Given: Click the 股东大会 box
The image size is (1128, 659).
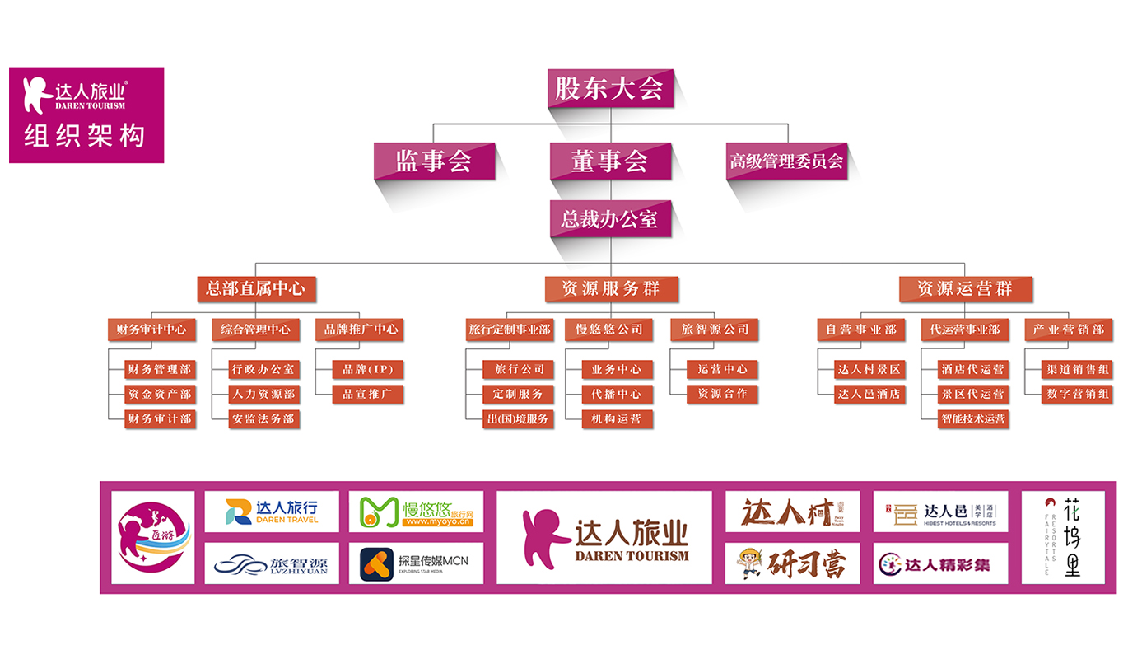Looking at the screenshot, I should pyautogui.click(x=610, y=88).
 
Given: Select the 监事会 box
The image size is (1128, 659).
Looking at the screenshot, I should pyautogui.click(x=434, y=161).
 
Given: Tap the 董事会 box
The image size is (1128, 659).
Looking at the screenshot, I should pyautogui.click(x=610, y=161).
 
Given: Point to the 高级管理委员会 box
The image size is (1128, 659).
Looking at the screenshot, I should pyautogui.click(x=786, y=161).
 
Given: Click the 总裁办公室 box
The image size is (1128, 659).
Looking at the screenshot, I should pyautogui.click(x=610, y=219).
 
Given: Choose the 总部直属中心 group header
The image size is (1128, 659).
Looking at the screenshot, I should pyautogui.click(x=255, y=288).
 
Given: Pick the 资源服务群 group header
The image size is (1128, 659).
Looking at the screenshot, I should pyautogui.click(x=610, y=288).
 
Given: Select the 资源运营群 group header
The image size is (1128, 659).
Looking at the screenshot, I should pyautogui.click(x=964, y=288).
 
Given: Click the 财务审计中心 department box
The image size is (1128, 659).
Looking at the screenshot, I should pyautogui.click(x=151, y=329).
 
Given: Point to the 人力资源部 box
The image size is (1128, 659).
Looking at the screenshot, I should pyautogui.click(x=263, y=394).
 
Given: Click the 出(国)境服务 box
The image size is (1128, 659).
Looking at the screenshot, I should pyautogui.click(x=518, y=418).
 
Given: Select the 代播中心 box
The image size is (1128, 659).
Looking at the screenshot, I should pyautogui.click(x=617, y=394).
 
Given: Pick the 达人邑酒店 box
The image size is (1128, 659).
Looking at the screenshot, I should pyautogui.click(x=869, y=394).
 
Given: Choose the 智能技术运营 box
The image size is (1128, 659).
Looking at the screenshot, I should pyautogui.click(x=972, y=418).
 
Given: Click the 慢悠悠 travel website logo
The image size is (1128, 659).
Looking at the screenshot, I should pyautogui.click(x=416, y=512).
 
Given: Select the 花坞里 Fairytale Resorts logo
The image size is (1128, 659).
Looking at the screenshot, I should pyautogui.click(x=1063, y=537).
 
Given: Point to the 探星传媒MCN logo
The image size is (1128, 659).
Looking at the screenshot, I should pyautogui.click(x=416, y=563).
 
